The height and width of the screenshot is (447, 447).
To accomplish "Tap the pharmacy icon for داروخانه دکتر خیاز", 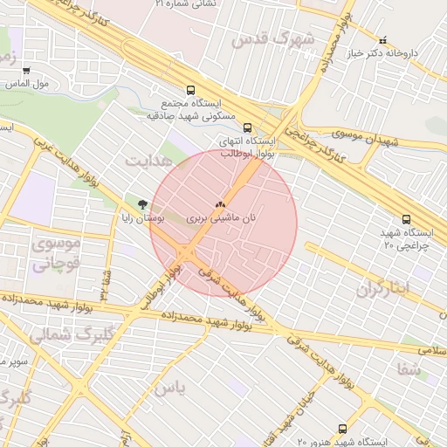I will pos(382,40).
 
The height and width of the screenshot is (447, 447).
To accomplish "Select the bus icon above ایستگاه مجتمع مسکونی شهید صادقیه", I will pos(191,89).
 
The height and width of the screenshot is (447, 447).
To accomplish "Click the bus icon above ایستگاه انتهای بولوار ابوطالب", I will pos(247,127).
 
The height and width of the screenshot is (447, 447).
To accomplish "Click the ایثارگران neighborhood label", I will pos(382,289).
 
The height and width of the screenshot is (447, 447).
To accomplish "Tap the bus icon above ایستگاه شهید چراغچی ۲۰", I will pos(406,219).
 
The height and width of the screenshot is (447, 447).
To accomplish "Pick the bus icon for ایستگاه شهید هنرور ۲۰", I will pos(341,429).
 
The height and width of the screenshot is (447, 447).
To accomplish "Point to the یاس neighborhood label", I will pos(170,389).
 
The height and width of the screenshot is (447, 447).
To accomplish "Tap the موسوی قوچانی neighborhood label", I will pos(56,254).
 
